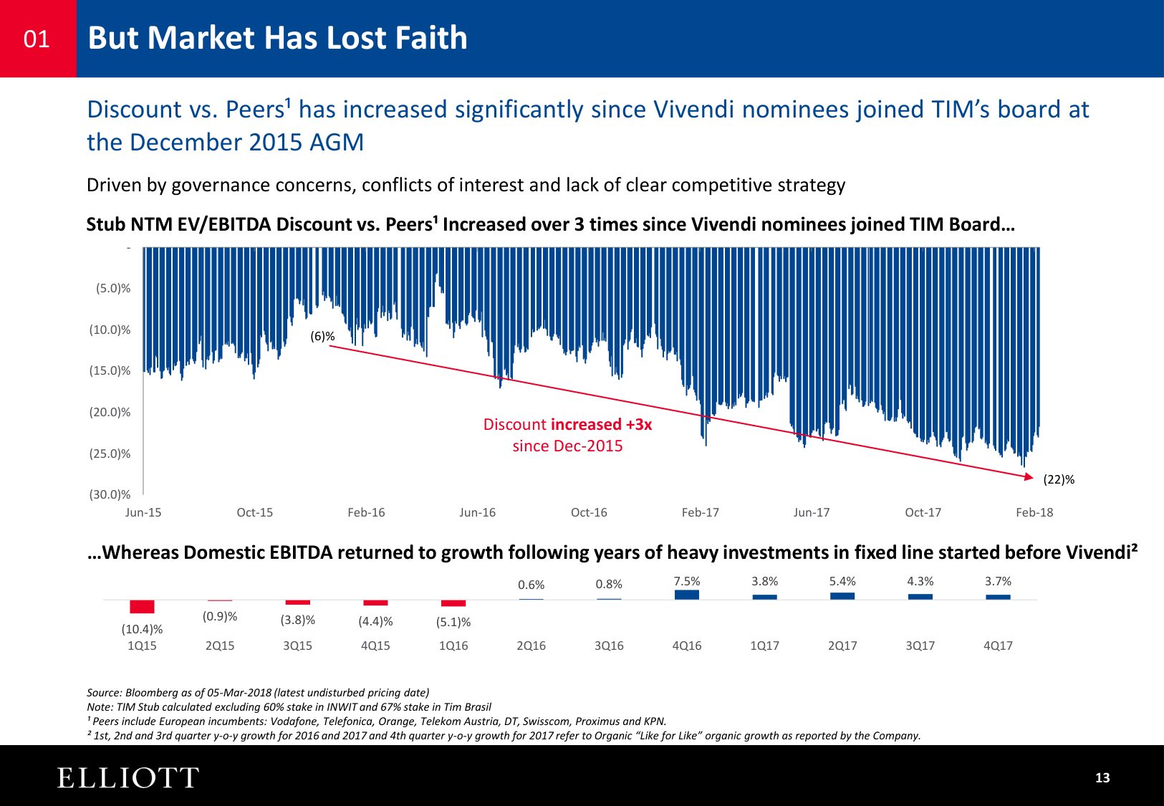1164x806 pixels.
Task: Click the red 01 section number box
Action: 37,38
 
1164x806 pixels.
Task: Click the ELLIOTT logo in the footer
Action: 128,778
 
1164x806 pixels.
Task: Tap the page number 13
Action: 1102,778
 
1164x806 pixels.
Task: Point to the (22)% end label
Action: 1059,480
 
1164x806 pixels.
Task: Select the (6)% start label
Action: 322,336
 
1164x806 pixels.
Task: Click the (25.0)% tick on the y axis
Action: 110,454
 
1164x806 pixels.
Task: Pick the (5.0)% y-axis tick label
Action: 113,289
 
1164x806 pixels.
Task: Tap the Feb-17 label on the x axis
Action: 700,512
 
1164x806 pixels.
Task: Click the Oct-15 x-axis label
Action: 254,512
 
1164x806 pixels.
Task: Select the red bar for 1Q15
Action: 142,607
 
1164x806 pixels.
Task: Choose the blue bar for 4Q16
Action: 687,595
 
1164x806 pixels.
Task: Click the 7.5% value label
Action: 687,581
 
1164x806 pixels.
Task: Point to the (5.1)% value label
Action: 453,622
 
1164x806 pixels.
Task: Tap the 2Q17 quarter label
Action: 842,646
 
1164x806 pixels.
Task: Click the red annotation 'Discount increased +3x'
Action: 567,424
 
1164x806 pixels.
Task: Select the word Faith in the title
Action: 431,38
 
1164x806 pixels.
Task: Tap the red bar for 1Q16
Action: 453,603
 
